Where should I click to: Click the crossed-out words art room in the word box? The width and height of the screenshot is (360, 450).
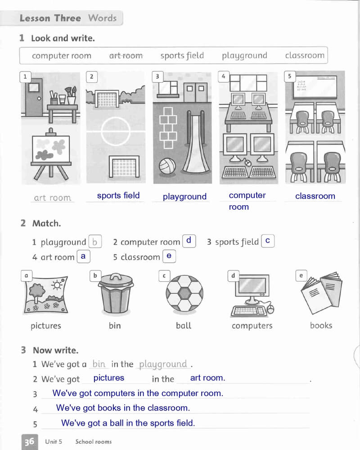[126, 55]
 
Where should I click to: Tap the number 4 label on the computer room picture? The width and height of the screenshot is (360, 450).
[224, 76]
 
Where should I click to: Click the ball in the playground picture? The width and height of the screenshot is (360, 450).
[167, 166]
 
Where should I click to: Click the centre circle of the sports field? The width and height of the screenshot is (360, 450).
[116, 131]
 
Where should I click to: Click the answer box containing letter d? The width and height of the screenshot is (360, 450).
[189, 241]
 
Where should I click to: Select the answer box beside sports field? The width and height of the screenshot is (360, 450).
[268, 241]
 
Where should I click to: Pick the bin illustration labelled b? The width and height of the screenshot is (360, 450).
[116, 293]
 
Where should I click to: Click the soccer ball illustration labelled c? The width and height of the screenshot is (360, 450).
[184, 293]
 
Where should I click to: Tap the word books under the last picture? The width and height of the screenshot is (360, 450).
[321, 325]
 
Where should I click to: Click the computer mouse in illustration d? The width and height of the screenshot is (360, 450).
[270, 309]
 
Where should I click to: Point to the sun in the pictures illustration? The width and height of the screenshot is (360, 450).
[57, 285]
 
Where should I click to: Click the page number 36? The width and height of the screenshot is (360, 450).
[29, 442]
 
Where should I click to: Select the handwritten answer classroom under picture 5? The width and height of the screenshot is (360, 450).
[315, 196]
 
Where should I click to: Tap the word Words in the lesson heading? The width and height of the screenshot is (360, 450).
[102, 18]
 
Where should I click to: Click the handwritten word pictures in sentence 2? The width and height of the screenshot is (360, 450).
[109, 378]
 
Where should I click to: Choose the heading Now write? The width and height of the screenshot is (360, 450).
[55, 350]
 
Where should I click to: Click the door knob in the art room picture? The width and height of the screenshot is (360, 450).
[39, 99]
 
